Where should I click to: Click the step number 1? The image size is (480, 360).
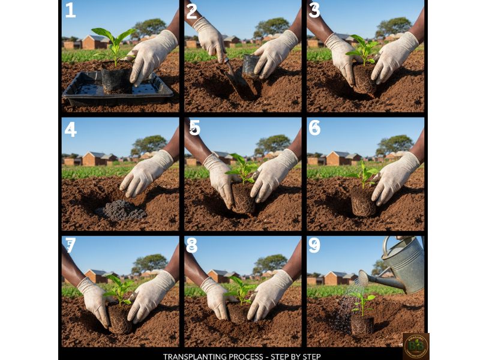[70, 10]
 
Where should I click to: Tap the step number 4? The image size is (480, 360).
[70, 128]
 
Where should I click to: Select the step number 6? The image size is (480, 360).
[314, 128]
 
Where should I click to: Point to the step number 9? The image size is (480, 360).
[314, 245]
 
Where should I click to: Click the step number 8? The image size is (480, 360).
[191, 245]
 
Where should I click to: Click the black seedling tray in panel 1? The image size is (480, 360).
[117, 90]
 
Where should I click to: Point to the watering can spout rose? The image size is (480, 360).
[362, 278]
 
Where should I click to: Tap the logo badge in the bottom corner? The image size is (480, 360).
[415, 346]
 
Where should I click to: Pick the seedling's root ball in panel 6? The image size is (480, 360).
[362, 202]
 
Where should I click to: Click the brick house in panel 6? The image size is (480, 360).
[337, 158]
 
